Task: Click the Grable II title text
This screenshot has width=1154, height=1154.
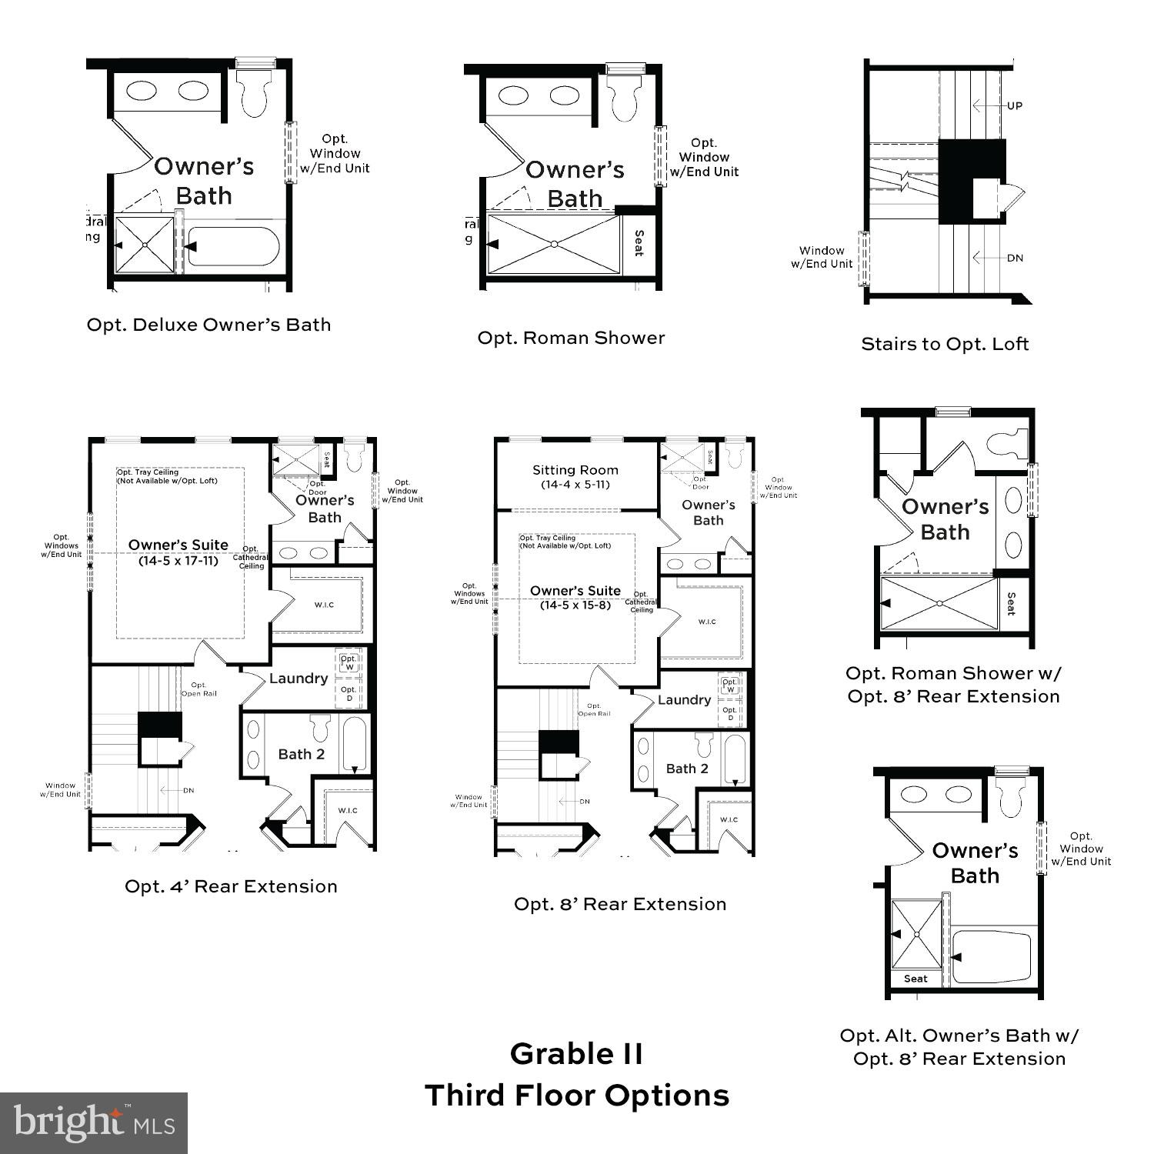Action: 576,1053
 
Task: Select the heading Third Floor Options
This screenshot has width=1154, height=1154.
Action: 576,1095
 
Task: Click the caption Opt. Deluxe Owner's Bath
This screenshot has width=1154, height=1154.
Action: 208,325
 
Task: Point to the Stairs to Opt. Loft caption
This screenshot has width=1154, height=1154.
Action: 945,344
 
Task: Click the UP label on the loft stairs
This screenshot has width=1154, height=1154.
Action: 1015,105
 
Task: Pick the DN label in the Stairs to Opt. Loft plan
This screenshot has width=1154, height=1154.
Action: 1015,258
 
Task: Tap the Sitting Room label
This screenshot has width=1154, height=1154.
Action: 575,470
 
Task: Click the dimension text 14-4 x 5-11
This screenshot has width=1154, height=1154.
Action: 575,485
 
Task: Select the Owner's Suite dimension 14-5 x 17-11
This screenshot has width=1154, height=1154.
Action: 178,561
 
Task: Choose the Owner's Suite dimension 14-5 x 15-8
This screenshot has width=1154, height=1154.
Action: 575,605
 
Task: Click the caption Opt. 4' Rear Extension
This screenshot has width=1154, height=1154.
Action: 231,886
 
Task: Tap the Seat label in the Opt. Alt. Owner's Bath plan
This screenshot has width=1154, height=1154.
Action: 916,979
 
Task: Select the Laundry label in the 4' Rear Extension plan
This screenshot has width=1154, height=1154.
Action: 299,679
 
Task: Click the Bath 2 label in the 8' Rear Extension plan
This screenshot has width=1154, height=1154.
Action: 687,769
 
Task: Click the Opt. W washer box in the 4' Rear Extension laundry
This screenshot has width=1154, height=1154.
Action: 349,662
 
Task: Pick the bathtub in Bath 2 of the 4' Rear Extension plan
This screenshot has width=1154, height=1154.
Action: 355,745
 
